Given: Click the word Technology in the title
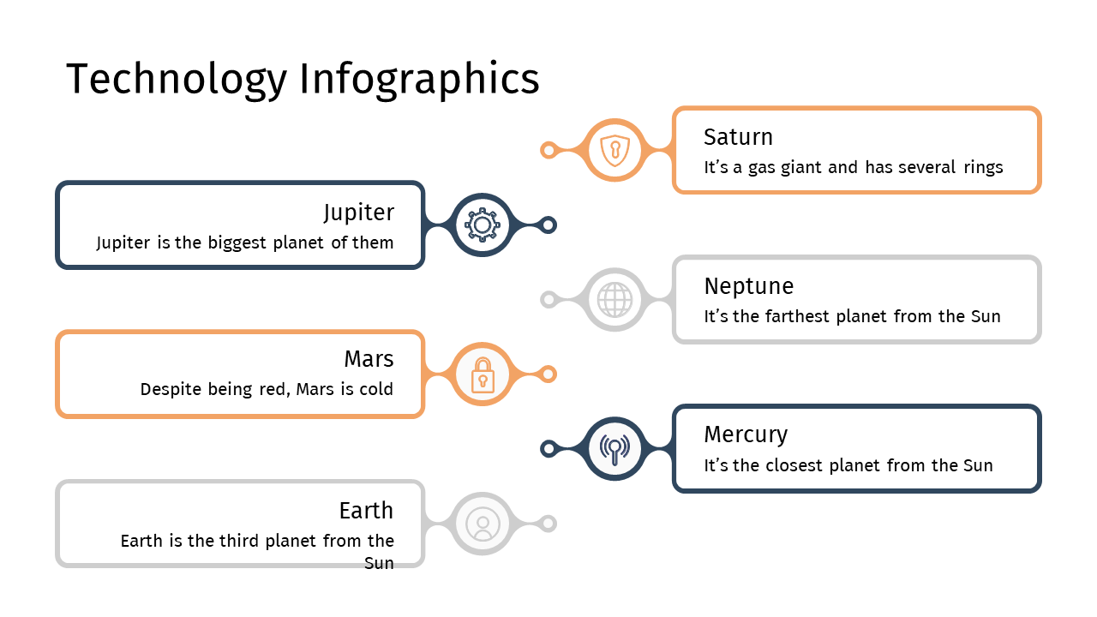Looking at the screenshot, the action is (x=177, y=80).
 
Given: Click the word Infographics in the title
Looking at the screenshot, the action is (x=419, y=80).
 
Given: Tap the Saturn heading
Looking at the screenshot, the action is (x=738, y=136).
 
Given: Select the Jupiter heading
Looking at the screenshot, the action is (x=358, y=213).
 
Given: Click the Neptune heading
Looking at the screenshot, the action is (x=749, y=286).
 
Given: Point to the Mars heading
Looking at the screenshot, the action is (x=369, y=359).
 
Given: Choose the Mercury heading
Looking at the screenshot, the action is (x=746, y=435).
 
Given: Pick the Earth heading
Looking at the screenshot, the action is (x=366, y=510).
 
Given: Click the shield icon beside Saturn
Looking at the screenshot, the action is (x=615, y=150).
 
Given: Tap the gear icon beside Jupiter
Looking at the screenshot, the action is (x=483, y=225).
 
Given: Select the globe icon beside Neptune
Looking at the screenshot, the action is (x=615, y=300).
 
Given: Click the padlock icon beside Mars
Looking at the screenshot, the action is (x=483, y=375).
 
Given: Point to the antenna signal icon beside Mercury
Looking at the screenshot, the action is (x=615, y=449).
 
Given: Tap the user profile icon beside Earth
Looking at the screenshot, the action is (x=483, y=524).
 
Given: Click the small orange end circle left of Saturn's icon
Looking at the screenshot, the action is (x=549, y=150).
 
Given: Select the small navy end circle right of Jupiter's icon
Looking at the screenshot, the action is (x=548, y=225).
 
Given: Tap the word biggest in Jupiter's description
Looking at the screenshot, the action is (x=237, y=243).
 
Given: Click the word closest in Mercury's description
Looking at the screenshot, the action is (x=794, y=465).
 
